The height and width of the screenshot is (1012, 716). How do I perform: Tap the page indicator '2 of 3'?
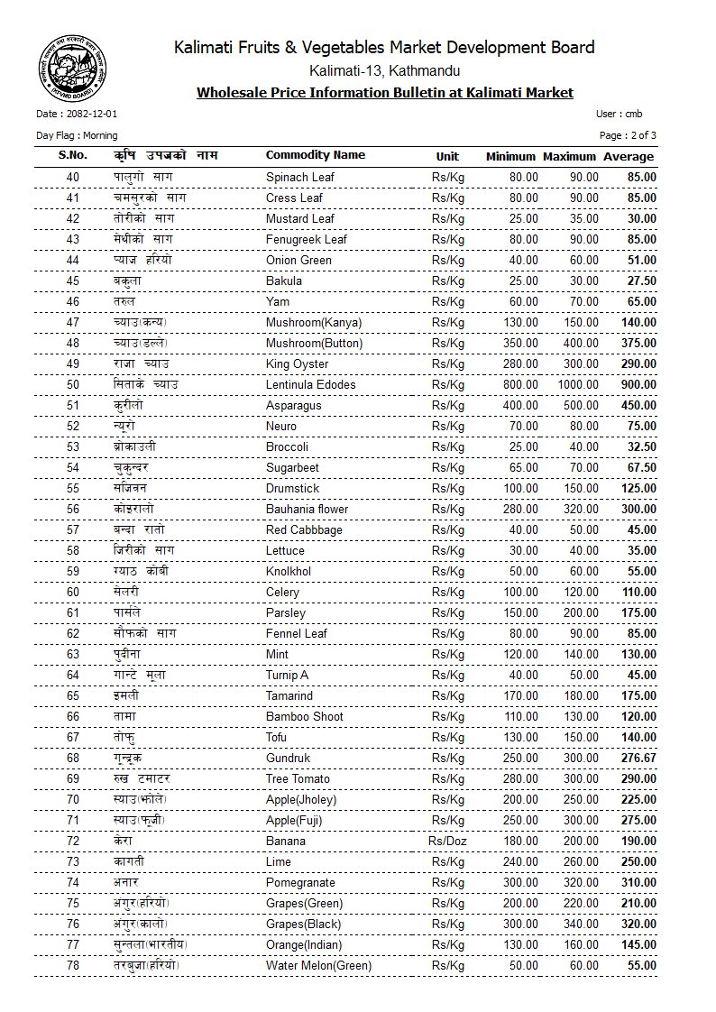click(642, 135)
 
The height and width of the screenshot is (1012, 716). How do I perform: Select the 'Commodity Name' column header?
click(315, 155)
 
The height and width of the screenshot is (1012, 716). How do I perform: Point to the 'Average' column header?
click(629, 156)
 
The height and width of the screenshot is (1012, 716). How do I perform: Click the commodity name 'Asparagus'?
click(293, 405)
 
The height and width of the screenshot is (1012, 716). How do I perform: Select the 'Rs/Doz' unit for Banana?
click(447, 841)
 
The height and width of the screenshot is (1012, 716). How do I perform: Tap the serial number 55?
click(73, 488)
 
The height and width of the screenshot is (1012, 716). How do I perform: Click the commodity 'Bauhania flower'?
click(307, 509)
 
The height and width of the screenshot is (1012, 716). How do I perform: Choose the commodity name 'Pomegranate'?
click(300, 882)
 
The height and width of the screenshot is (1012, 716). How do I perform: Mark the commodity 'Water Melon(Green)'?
click(319, 965)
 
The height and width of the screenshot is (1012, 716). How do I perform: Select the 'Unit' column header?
click(447, 156)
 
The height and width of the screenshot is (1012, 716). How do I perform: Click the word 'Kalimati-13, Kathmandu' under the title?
click(384, 71)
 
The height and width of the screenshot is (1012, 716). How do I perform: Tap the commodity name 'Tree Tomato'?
click(298, 778)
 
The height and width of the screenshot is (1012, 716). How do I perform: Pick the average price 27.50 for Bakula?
click(640, 281)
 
